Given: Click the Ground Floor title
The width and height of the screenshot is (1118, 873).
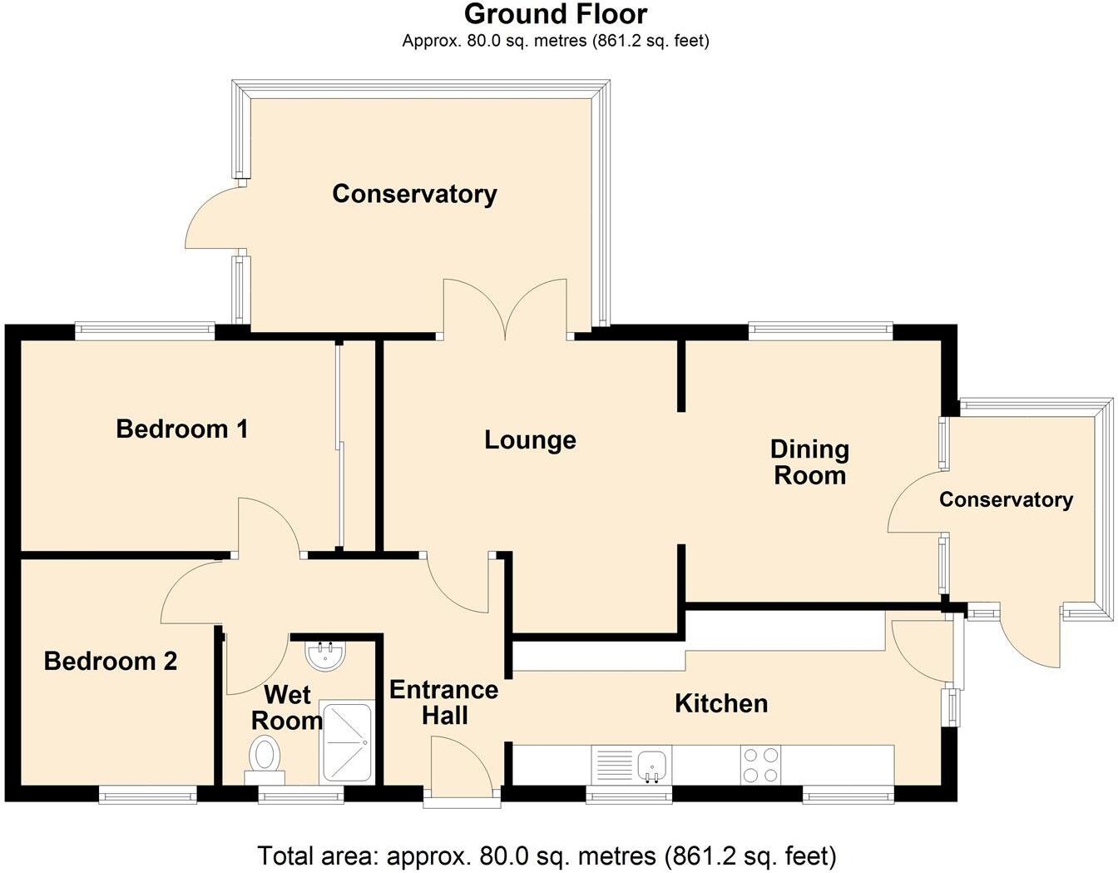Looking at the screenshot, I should click(555, 14).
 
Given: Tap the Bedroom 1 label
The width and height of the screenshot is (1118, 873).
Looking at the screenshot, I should click(182, 429).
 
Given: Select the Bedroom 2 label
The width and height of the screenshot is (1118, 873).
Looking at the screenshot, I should click(111, 662).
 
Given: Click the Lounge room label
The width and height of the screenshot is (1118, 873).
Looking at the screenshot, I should click(530, 440).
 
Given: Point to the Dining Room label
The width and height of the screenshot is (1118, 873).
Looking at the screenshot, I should click(809, 463).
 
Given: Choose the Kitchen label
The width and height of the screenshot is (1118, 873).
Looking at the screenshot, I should click(721, 703).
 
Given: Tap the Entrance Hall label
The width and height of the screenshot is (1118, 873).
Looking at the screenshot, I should click(444, 702).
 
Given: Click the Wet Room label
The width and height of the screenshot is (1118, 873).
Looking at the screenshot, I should click(287, 707).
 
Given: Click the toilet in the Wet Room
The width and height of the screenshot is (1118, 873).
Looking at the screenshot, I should click(265, 756).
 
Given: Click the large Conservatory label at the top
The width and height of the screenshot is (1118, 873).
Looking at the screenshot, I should click(414, 194).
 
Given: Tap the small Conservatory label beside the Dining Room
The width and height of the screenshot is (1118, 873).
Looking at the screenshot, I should click(1006, 500).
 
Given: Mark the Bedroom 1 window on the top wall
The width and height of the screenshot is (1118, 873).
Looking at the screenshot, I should click(146, 330).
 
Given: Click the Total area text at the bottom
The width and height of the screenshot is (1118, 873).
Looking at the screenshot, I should click(547, 856).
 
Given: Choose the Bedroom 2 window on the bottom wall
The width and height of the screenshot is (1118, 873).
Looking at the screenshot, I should click(148, 795).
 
